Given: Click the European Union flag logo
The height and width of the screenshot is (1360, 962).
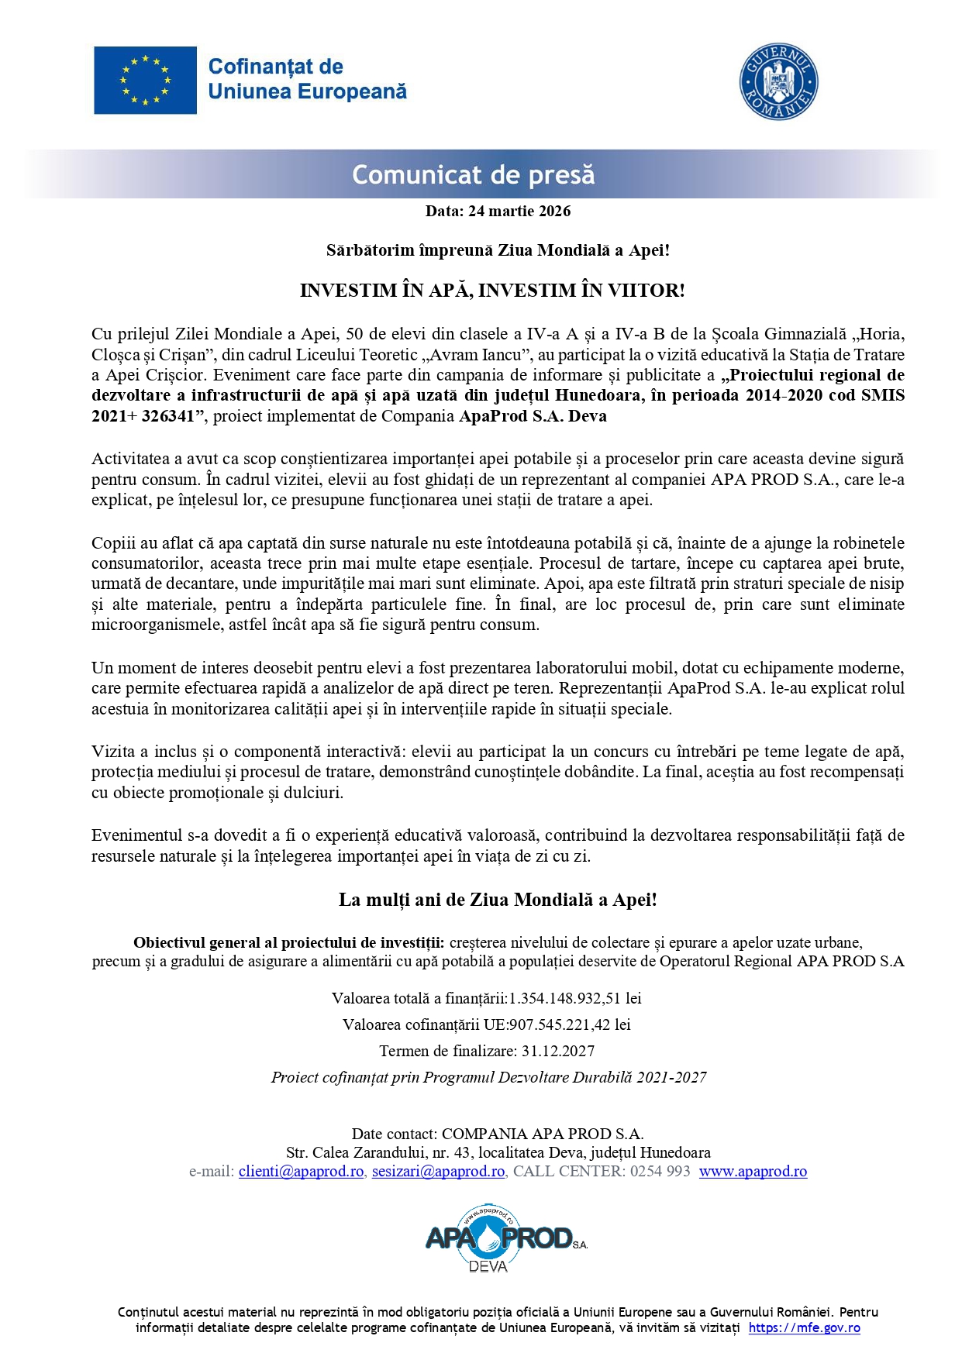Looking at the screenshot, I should [145, 80].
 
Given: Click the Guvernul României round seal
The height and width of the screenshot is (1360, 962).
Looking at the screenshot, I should [778, 81].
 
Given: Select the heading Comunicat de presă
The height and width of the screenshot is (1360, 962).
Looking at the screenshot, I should [473, 174].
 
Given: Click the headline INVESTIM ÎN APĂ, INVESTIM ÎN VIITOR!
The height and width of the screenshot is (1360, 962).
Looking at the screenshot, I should [492, 291].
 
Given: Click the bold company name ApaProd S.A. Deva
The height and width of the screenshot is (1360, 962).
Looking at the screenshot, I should [533, 416].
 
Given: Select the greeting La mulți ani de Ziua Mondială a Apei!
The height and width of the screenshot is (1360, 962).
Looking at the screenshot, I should [498, 900].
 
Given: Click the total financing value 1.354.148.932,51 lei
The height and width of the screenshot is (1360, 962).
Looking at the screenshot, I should [574, 998].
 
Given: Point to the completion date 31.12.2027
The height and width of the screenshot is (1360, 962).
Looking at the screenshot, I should [558, 1051].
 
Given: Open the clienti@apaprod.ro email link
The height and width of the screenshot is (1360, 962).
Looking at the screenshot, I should [301, 1171].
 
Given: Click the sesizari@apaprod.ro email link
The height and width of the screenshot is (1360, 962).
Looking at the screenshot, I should [438, 1171].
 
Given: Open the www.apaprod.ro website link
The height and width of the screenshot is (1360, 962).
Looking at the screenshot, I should [753, 1171].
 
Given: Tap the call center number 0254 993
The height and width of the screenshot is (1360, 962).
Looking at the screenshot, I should [660, 1171].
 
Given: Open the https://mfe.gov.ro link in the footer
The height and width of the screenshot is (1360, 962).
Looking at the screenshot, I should [804, 1327].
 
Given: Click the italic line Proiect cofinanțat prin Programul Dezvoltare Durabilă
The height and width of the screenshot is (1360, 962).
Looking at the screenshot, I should [488, 1077].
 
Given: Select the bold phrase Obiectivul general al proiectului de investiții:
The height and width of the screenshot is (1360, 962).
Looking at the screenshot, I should [288, 942].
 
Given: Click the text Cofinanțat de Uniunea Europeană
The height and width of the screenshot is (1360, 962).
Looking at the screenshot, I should [307, 79].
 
